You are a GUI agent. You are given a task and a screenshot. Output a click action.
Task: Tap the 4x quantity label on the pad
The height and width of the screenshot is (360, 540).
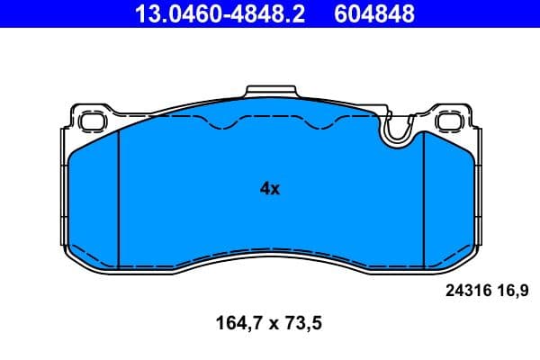point(270,189)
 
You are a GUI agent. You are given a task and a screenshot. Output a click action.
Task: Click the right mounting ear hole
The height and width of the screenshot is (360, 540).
point(449,119)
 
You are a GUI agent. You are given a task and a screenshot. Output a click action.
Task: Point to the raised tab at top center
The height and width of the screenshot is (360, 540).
point(270,92)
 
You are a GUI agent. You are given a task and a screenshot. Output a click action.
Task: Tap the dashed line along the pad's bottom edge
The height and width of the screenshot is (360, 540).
point(270,249)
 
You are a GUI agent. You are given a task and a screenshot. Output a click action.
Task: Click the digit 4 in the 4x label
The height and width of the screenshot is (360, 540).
point(265,189)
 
